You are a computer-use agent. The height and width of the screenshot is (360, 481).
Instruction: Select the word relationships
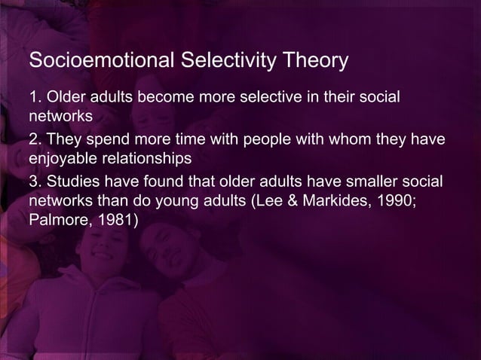(146, 160)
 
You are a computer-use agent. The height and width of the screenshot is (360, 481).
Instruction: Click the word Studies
(70, 185)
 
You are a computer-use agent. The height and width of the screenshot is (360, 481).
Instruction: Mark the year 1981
(114, 220)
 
